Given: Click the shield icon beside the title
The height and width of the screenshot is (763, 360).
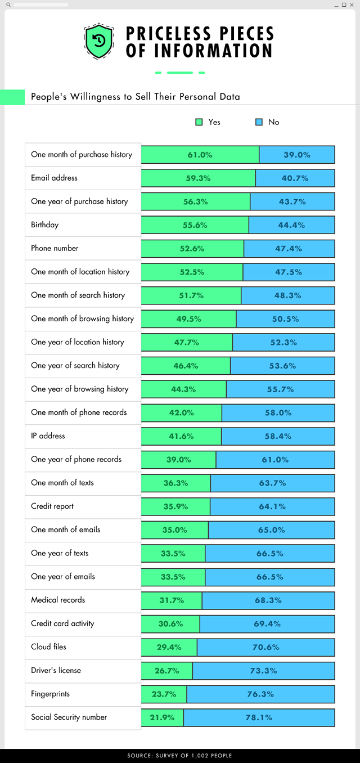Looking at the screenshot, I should (99, 41).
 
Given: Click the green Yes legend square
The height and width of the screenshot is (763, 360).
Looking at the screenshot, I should (199, 122).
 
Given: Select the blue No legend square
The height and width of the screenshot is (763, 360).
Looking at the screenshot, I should (259, 122).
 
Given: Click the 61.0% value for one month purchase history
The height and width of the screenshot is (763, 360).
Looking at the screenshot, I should (200, 155).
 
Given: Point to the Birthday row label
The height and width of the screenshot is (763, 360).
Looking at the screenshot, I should (45, 225).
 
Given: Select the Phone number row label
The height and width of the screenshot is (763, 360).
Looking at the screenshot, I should (55, 248).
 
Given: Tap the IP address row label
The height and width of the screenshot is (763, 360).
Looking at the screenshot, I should (48, 436).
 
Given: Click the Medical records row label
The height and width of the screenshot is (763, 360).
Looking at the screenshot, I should (58, 600).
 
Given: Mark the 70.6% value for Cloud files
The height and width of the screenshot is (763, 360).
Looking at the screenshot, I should (266, 647).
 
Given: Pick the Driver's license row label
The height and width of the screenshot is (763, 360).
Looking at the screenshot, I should (56, 671).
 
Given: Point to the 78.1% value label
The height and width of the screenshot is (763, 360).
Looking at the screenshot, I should (259, 717).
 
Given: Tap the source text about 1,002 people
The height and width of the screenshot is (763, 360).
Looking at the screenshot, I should (180, 756).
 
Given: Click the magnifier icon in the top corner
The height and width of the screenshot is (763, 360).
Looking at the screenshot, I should (8, 5).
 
